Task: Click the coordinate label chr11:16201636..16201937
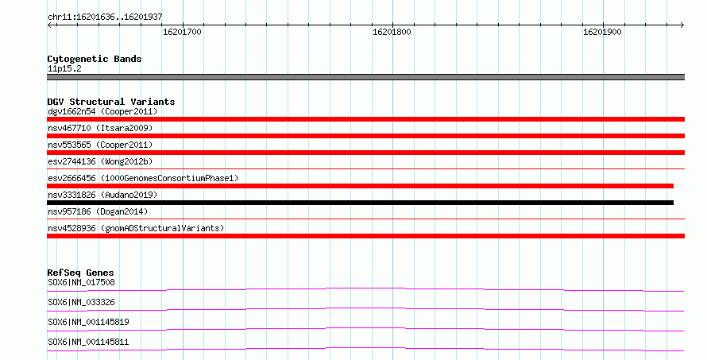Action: click(105, 17)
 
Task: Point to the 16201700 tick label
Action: click(182, 32)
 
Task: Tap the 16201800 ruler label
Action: click(392, 32)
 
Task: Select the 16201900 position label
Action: click(602, 32)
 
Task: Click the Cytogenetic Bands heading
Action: click(95, 59)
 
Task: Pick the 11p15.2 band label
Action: click(64, 68)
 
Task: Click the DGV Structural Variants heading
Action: click(111, 102)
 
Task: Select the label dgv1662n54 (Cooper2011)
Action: click(102, 111)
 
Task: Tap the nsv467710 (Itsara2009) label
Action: click(100, 128)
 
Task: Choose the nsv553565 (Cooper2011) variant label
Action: click(100, 145)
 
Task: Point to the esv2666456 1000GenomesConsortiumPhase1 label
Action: click(143, 178)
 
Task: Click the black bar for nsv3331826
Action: click(361, 203)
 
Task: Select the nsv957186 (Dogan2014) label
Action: click(98, 211)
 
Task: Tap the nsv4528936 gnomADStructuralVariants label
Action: click(136, 228)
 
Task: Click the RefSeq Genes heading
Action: click(80, 273)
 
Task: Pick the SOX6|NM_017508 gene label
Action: click(81, 282)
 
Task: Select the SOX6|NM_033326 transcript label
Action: click(81, 302)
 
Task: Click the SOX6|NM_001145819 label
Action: click(88, 322)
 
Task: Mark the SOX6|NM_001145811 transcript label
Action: click(88, 342)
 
